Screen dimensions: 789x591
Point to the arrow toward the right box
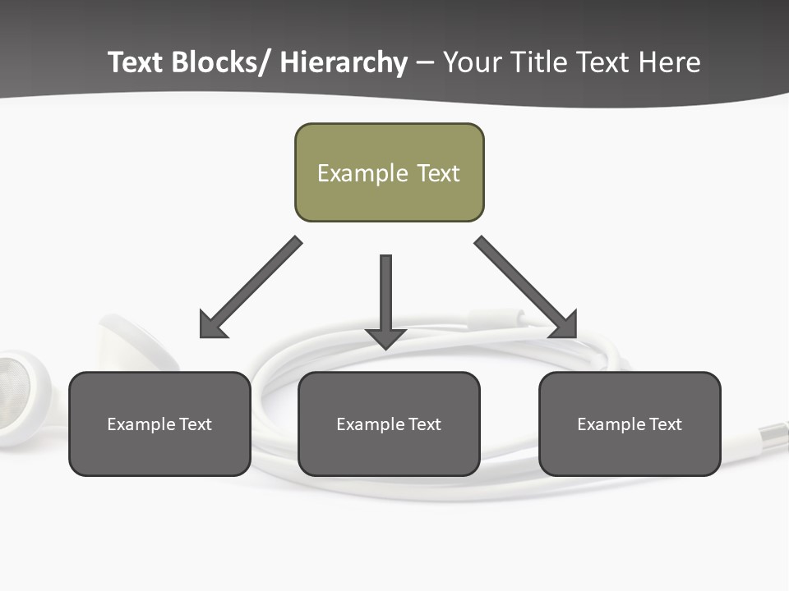pyautogui.click(x=526, y=287)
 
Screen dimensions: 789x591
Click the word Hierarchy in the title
pyautogui.click(x=344, y=62)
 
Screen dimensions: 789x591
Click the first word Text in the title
pyautogui.click(x=136, y=62)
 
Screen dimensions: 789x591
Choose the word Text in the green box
pyautogui.click(x=438, y=173)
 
